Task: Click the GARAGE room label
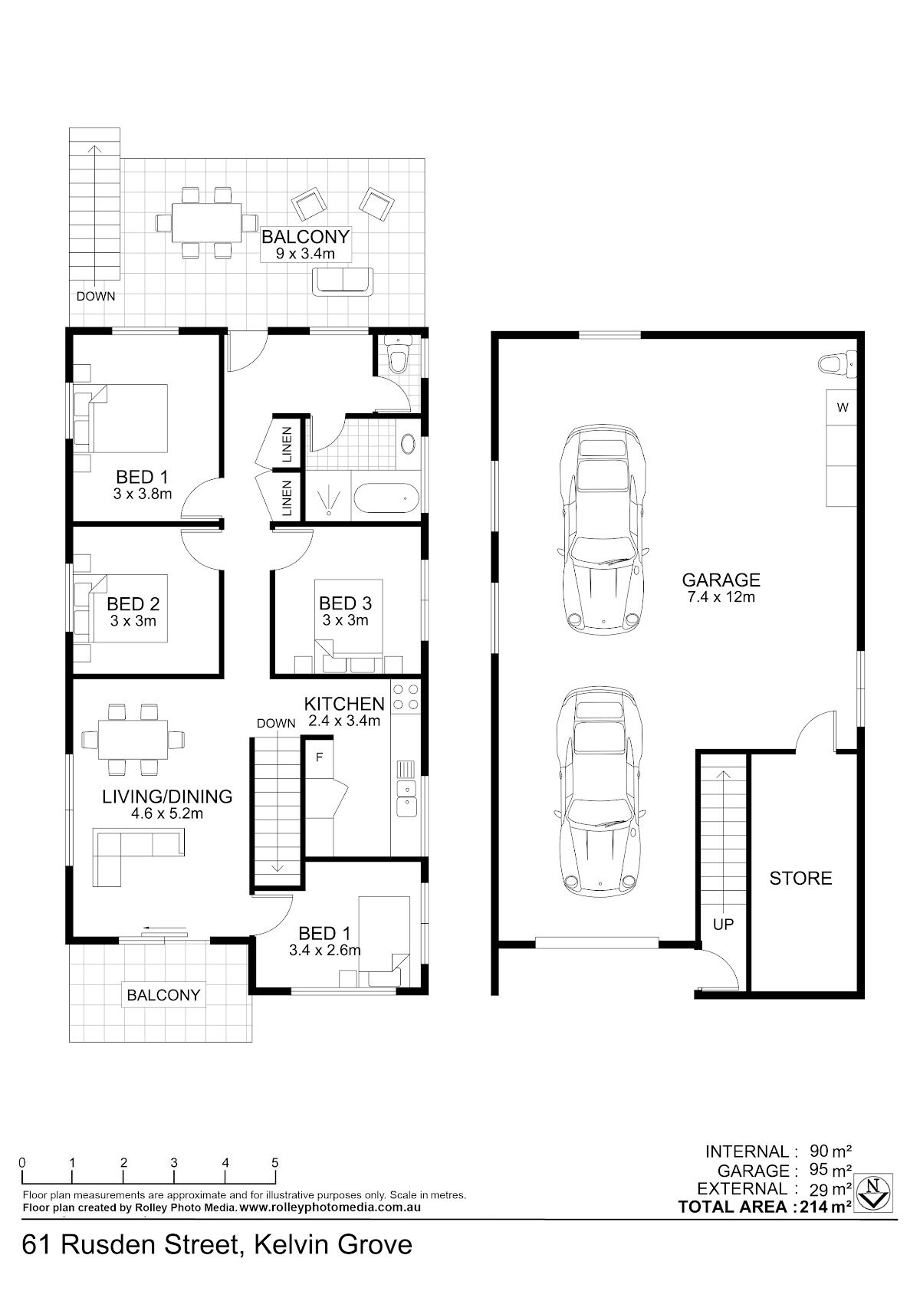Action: (x=721, y=580)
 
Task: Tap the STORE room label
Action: (x=800, y=878)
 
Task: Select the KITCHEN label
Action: (x=344, y=704)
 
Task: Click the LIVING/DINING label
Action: (x=167, y=797)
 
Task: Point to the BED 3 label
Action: (x=346, y=603)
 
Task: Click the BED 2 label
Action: (x=133, y=604)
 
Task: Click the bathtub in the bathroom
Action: (x=386, y=498)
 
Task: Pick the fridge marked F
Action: (x=319, y=758)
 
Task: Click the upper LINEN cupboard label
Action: (x=287, y=445)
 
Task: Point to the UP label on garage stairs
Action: (x=723, y=924)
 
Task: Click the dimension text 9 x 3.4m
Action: (x=305, y=253)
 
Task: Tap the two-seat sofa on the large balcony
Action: (x=343, y=281)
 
